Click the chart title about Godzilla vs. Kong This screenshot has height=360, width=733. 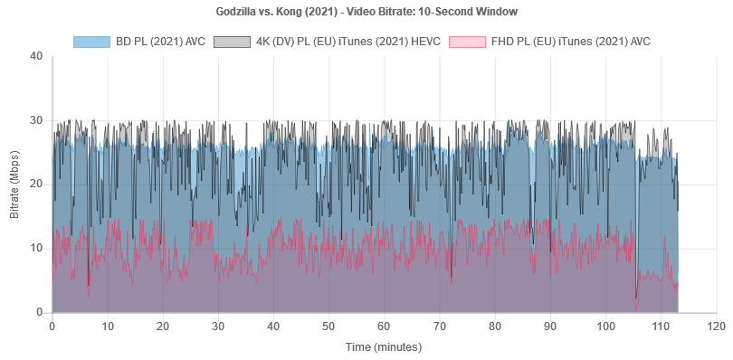coord(366,12)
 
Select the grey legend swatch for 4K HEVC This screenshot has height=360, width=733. coord(233,42)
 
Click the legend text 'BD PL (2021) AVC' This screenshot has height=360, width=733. coord(159,42)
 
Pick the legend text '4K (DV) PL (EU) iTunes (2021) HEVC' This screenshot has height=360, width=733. coord(346,42)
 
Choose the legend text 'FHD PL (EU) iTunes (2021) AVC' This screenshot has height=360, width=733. coord(570,42)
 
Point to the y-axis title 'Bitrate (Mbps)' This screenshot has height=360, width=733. coord(14,185)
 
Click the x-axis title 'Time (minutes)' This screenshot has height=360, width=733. coord(384,346)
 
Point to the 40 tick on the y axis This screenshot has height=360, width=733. coord(36,56)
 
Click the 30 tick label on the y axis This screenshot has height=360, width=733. coord(36,120)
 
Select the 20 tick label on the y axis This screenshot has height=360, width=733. coord(36,185)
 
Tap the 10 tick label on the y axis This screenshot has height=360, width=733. coord(36,249)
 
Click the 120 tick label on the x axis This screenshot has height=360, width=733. coord(717,325)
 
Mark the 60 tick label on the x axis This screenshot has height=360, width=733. coord(385,325)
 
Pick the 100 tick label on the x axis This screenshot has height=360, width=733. coord(606,325)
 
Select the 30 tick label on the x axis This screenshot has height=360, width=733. coord(218,325)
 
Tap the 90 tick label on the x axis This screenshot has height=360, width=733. coord(550,325)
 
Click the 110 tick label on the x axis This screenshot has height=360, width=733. coord(662,325)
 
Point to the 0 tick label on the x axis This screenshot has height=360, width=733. coord(52,325)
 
